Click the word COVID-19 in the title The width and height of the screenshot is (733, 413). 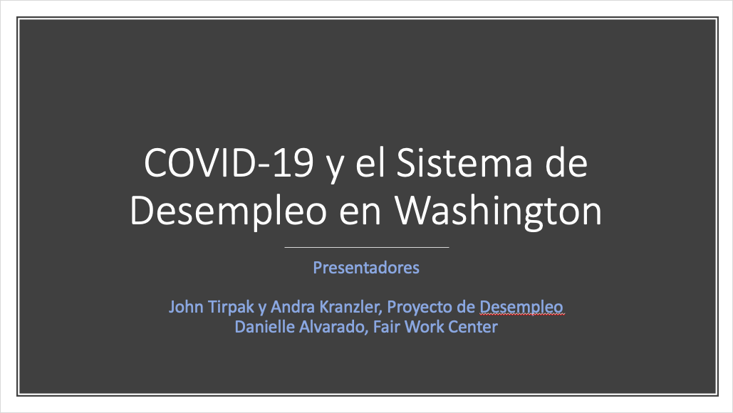tap(229, 162)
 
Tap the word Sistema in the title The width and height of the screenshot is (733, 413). tap(464, 162)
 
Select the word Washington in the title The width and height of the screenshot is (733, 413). tap(499, 211)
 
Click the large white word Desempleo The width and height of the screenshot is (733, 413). tap(228, 211)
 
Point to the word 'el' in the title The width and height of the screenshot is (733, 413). tap(370, 162)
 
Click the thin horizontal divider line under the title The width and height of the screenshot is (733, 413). tap(366, 247)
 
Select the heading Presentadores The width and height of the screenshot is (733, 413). tap(366, 268)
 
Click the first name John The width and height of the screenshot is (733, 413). tap(186, 307)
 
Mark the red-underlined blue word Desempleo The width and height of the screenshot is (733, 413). tap(521, 308)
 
